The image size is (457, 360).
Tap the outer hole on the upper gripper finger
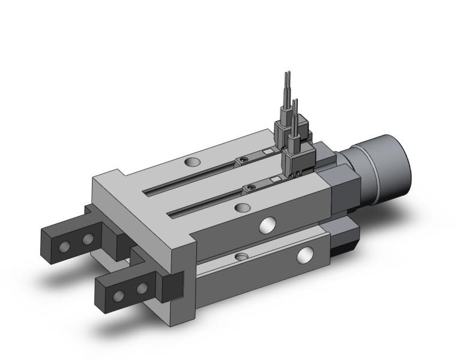coord(63,246)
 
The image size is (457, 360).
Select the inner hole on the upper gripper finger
coord(88,239)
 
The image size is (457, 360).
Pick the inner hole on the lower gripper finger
coord(142,290)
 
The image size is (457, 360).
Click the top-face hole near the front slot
coord(242,208)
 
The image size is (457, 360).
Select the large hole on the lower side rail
coord(306,256)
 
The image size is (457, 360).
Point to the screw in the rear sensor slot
coord(243,160)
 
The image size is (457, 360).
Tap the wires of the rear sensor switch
coord(286,96)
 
